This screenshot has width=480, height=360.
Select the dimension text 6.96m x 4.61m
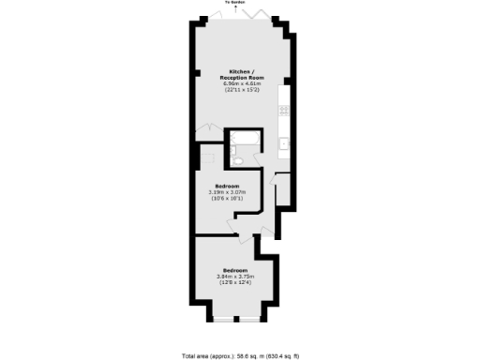pos(241,83)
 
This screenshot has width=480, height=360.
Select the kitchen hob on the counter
pos(283,112)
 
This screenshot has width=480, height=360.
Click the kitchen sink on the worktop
pos(283,143)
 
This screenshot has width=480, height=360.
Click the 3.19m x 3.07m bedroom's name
pos(228,186)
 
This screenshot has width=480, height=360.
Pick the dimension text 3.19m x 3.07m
pos(228,192)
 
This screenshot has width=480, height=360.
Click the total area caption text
pos(240,355)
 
